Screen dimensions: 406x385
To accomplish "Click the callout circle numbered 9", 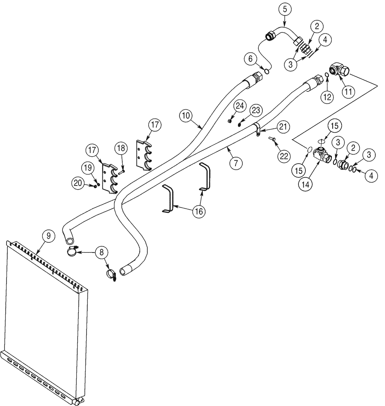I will point(48,235).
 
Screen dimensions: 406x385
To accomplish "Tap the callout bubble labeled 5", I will point(285,8).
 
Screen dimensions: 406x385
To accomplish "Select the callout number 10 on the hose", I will point(186,116).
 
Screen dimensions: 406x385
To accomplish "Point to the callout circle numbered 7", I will point(236,163).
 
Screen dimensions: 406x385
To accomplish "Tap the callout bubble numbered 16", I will point(199,211).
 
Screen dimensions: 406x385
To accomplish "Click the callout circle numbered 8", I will point(102,252).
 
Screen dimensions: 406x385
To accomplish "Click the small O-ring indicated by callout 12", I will point(327,75).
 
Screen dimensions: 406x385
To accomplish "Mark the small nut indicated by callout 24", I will point(230,121).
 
